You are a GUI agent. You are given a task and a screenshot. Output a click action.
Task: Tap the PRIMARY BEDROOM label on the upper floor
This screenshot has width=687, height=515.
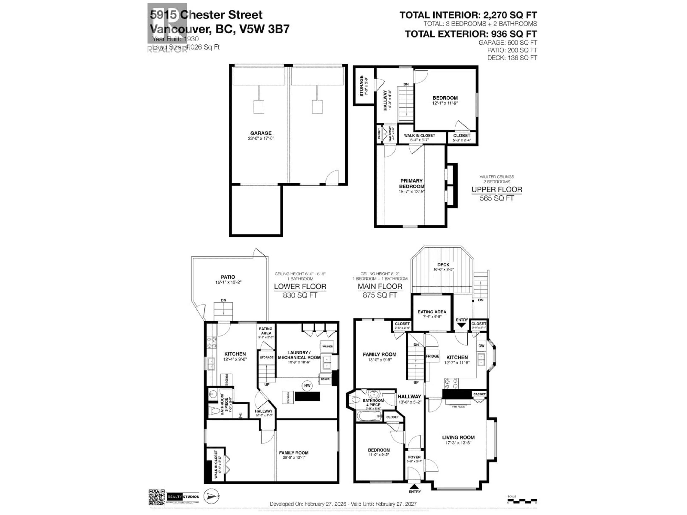click(411, 183)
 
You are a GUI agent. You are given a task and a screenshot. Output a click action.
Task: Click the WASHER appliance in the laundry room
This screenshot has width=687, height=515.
click(327, 346)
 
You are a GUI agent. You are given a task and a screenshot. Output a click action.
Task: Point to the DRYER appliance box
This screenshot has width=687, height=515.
click(325, 379)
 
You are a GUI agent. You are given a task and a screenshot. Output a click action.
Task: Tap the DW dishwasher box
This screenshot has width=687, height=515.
click(481, 346)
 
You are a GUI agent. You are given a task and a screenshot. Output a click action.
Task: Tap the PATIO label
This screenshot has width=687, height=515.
click(228, 277)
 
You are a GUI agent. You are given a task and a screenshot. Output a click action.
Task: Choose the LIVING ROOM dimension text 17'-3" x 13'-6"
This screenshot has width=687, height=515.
click(458, 443)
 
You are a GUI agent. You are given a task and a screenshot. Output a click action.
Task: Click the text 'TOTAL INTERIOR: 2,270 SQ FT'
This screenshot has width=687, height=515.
click(468, 15)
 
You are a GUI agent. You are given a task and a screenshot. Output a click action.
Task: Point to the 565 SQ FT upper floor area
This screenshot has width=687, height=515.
click(497, 198)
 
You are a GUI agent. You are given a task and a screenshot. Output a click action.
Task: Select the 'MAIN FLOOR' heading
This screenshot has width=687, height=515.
click(380, 286)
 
